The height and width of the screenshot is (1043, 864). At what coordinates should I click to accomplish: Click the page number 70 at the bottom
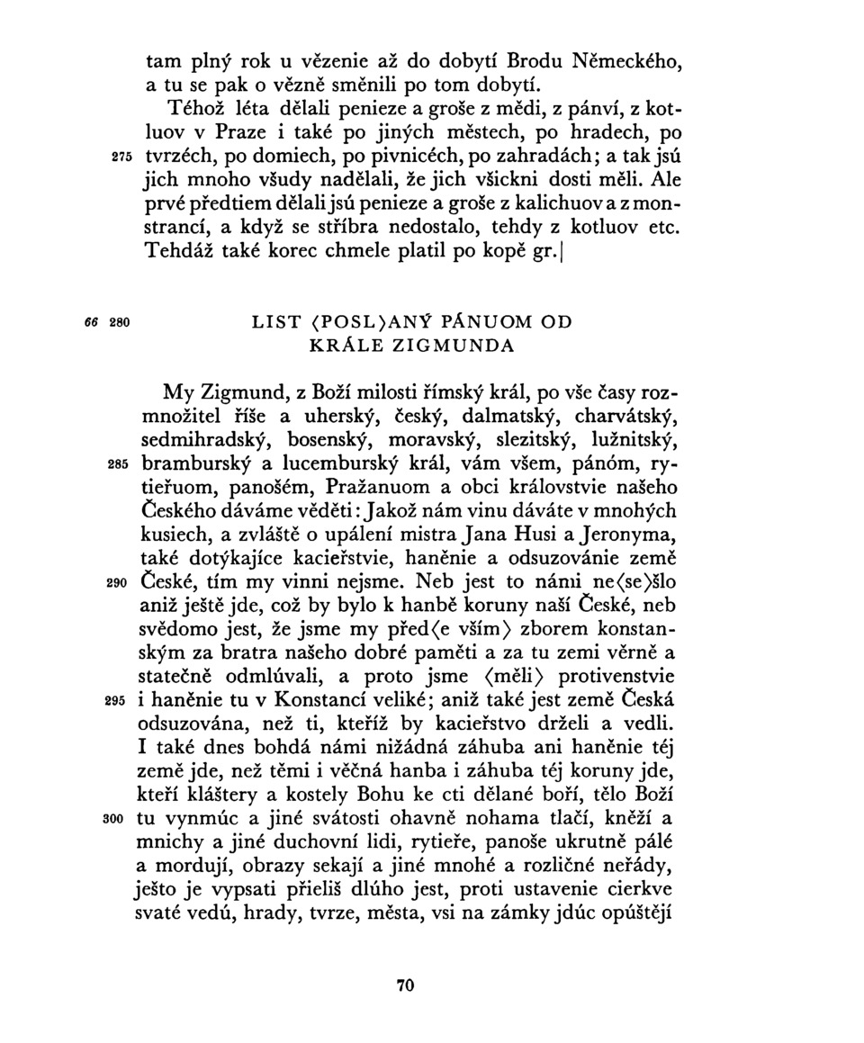pos(405,985)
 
